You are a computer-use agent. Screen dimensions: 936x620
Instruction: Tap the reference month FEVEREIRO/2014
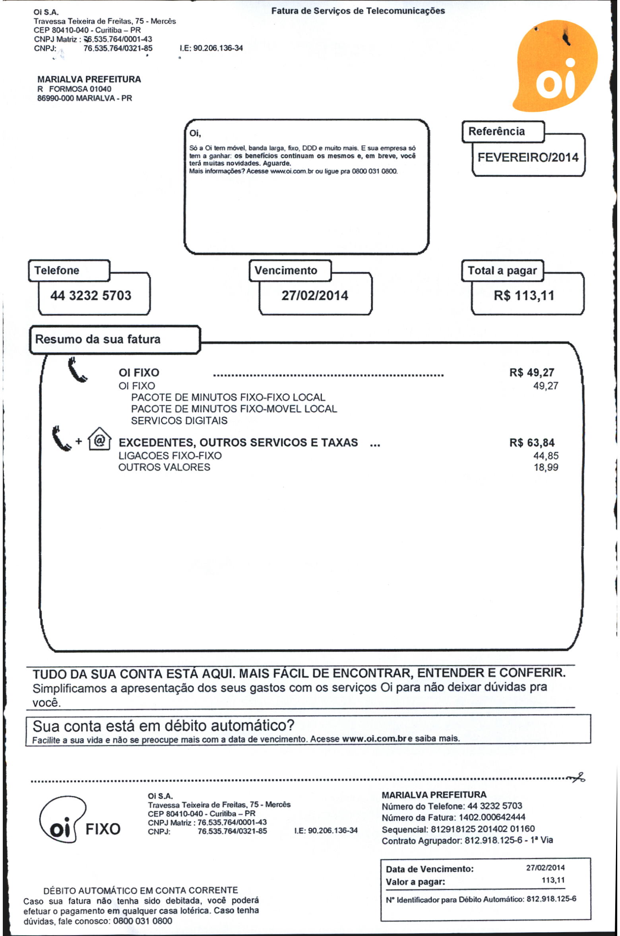527,157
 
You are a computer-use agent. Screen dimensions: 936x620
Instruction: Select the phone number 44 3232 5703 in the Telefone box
91,295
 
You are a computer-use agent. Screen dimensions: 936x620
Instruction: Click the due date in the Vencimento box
314,295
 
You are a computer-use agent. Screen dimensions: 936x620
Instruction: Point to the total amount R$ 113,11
523,295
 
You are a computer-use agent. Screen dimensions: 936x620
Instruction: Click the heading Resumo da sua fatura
98,339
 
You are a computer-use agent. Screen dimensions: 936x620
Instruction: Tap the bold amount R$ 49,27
531,372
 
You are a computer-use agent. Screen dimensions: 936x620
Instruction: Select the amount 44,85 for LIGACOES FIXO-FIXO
545,455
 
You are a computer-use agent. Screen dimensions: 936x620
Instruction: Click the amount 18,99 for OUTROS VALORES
546,467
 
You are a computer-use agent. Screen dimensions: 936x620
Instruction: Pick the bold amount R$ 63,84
531,443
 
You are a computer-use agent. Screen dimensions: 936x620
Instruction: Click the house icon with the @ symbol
99,439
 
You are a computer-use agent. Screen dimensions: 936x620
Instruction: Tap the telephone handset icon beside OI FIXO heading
77,370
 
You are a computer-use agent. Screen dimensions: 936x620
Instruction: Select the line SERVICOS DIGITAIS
179,421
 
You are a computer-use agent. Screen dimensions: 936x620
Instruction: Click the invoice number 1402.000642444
492,817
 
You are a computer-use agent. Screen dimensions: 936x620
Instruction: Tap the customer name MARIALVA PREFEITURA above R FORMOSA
89,79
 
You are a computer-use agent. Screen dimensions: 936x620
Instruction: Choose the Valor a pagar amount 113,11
553,880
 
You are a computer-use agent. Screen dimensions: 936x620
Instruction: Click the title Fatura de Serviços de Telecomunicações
358,11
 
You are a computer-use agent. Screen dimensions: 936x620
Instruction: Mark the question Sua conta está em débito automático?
163,726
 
